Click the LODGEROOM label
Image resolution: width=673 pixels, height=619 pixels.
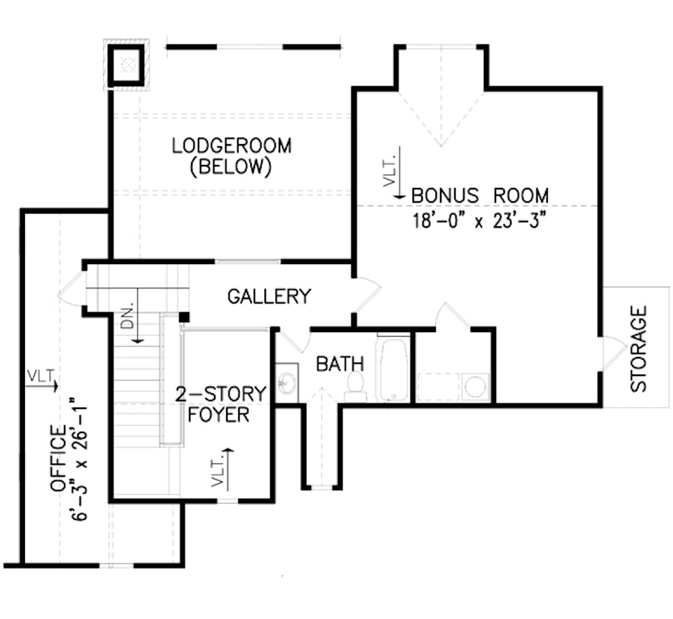tap(231, 146)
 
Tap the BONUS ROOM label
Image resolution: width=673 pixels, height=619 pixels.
tap(479, 195)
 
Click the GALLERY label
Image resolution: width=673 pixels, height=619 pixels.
tap(269, 296)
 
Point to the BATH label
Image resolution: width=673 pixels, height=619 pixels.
tap(340, 364)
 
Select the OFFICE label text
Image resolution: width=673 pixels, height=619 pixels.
tap(59, 458)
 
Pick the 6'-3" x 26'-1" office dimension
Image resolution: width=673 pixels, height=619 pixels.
tap(79, 458)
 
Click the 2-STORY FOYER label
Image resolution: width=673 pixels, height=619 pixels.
tap(221, 403)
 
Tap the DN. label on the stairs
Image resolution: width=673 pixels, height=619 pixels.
tap(129, 316)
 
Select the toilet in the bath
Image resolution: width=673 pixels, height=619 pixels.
tap(355, 386)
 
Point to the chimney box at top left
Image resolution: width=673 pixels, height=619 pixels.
tap(126, 65)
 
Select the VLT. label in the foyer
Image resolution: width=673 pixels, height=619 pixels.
tap(217, 471)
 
